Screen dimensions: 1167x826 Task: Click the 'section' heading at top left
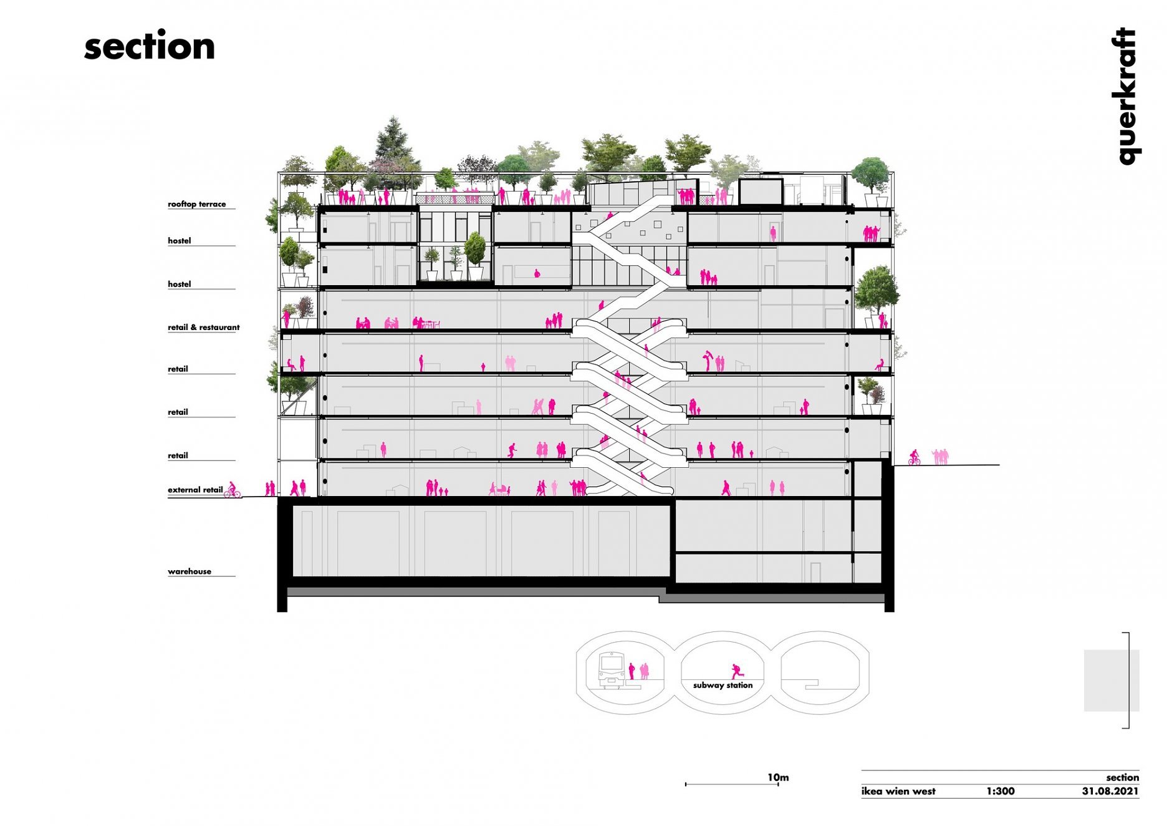pos(149,46)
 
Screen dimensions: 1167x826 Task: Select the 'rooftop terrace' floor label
pos(196,204)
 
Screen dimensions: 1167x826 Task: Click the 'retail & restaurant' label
pos(203,327)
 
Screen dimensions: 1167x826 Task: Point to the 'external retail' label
pos(194,490)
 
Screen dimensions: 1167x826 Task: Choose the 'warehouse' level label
pos(189,571)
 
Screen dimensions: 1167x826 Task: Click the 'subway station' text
pos(723,685)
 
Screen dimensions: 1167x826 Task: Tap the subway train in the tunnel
pos(612,669)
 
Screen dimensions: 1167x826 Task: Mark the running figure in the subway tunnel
pos(737,671)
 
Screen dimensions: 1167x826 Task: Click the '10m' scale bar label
pos(778,777)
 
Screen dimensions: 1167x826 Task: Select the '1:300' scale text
pos(1000,791)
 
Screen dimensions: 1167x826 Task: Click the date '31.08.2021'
pos(1110,791)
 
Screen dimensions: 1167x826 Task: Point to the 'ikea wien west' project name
pos(898,791)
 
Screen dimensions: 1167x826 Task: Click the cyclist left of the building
pos(232,490)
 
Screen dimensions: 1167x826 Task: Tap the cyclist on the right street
pos(914,457)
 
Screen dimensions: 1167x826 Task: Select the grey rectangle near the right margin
pos(1112,681)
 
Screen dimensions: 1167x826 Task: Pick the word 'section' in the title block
pos(1122,777)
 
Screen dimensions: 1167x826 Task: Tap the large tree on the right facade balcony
pos(876,293)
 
